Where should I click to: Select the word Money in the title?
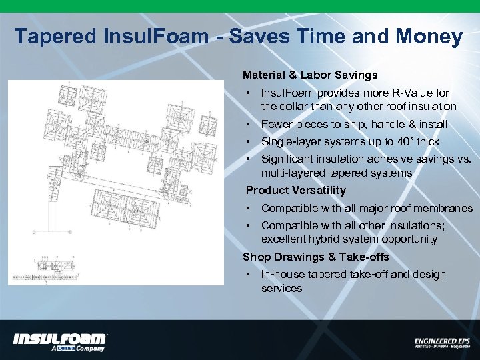tap(429, 36)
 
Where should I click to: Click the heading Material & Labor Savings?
tap(310, 75)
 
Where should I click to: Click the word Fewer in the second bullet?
tap(277, 124)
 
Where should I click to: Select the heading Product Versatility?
tap(296, 190)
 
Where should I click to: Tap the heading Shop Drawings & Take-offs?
tap(315, 257)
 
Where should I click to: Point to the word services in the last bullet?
tap(281, 288)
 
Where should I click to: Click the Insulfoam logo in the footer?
tap(59, 341)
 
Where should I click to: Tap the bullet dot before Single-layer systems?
tap(247, 141)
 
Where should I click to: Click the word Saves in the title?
tap(250, 36)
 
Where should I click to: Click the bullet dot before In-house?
tap(247, 274)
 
